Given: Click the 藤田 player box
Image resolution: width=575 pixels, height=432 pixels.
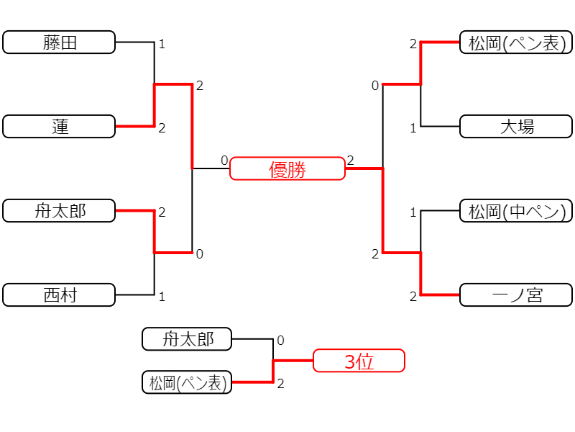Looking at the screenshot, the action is (x=59, y=42).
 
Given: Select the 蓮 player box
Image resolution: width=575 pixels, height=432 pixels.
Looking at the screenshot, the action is (x=59, y=127).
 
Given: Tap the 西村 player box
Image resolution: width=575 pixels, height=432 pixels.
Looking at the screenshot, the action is (x=59, y=294).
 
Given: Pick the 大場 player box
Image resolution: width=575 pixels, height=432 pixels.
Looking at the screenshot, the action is (x=516, y=127).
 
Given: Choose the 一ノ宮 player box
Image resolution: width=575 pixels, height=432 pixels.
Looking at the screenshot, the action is (x=516, y=294).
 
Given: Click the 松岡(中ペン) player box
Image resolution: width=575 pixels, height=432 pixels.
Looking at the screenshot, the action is (x=516, y=210).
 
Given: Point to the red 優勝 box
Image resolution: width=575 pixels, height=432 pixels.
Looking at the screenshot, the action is (x=287, y=168).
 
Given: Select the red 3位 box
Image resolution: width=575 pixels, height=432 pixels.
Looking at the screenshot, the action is (x=359, y=361).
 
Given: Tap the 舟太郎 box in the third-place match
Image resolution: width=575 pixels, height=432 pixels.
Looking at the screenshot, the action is (x=187, y=339).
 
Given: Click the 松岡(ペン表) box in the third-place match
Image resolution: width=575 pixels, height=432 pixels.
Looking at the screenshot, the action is (x=187, y=382).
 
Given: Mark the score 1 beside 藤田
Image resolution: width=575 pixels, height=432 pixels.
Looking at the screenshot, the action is (x=162, y=45).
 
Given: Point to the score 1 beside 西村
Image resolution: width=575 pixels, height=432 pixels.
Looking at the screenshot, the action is (x=162, y=297).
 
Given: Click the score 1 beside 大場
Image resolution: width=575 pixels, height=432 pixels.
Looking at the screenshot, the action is (x=413, y=128).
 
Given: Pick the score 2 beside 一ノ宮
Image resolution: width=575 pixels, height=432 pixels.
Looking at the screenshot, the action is (x=413, y=297).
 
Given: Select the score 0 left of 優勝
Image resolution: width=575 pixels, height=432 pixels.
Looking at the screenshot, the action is (x=224, y=161).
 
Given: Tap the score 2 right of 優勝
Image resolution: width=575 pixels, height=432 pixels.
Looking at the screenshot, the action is (x=351, y=161).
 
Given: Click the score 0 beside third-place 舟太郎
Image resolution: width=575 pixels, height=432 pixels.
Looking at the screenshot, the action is (x=280, y=341).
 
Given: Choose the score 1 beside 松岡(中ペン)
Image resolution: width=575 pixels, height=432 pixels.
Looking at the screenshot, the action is (x=413, y=212).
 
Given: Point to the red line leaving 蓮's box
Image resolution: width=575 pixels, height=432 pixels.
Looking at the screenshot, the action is (x=135, y=127).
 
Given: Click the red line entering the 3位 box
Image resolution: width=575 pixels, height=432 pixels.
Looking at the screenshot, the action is (x=293, y=361).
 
